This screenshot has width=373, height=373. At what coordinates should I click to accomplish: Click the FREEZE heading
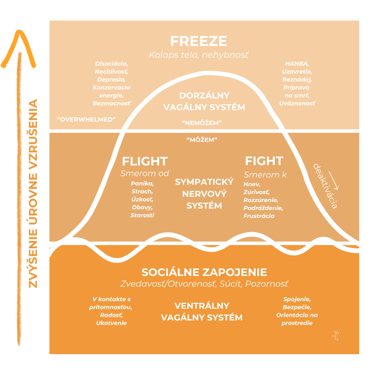click(x=199, y=41)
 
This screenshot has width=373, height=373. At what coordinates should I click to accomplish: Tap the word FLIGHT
click(x=145, y=161)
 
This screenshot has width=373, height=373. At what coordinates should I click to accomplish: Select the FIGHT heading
click(x=264, y=161)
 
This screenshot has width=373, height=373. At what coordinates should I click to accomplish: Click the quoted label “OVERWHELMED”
click(x=86, y=119)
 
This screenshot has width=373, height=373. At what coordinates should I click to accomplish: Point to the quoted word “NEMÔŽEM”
click(x=202, y=123)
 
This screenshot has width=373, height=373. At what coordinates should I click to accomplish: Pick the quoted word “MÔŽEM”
click(x=202, y=140)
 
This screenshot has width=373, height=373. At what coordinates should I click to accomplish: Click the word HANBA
click(x=297, y=64)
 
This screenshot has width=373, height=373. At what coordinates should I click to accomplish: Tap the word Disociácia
click(x=111, y=64)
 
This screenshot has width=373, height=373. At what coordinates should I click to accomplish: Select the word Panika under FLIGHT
click(x=142, y=183)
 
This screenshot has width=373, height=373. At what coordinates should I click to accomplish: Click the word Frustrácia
click(x=259, y=216)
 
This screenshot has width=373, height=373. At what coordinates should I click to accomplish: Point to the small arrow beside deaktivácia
click(x=334, y=180)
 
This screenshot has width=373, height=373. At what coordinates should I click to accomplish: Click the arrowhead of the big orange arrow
click(x=19, y=48)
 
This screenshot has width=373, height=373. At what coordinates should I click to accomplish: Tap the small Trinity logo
click(x=335, y=336)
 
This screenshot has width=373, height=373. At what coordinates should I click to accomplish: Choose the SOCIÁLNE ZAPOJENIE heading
click(x=204, y=272)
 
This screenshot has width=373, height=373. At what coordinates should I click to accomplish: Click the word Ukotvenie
click(x=111, y=323)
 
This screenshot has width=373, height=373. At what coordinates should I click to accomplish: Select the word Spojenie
click(x=297, y=299)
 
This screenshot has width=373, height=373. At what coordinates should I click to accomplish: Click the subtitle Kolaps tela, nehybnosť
click(x=199, y=55)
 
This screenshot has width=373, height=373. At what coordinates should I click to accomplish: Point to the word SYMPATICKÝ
click(x=204, y=182)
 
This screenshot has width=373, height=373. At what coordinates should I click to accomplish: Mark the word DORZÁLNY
click(x=204, y=95)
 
